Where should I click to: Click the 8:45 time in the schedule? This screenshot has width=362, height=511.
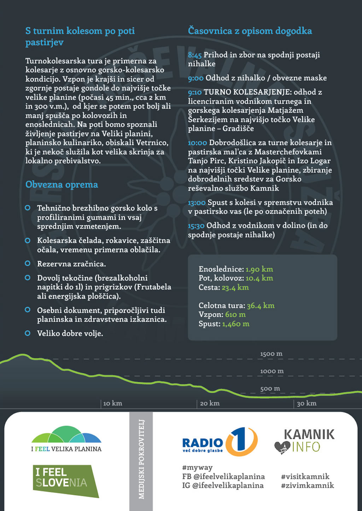[195, 55]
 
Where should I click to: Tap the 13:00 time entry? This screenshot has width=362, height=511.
[197, 203]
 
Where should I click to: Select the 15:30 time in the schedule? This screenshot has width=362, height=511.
[196, 226]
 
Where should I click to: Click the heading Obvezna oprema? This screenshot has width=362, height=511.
[62, 185]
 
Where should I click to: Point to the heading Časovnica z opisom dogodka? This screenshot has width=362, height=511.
[250, 31]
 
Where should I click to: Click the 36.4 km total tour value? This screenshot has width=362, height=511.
[261, 306]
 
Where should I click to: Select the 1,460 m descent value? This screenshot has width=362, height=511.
[236, 324]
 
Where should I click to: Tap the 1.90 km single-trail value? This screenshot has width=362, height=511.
[259, 269]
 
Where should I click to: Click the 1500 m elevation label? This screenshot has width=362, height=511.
[271, 354]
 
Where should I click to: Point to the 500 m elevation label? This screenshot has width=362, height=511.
[270, 389]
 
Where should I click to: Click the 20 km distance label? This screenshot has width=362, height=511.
[210, 403]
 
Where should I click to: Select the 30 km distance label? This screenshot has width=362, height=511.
[306, 403]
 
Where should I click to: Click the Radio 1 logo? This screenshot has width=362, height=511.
[220, 442]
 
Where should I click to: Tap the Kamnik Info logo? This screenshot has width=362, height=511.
[304, 441]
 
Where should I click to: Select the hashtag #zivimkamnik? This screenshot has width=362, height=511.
[307, 486]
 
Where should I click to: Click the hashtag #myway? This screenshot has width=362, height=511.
[197, 467]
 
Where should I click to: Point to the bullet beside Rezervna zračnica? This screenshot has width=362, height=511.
[28, 264]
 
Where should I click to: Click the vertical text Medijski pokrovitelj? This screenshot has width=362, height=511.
[141, 459]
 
